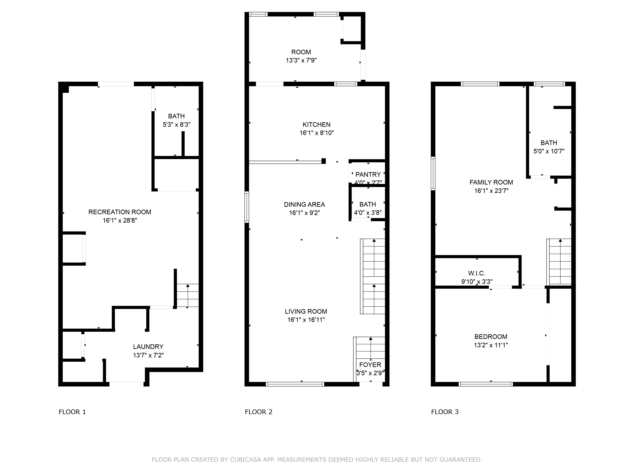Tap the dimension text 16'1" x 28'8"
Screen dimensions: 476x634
(x=120, y=220)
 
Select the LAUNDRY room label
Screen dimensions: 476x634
(x=148, y=347)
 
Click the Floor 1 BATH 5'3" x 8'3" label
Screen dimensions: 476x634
(x=176, y=116)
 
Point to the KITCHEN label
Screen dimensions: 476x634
(x=316, y=125)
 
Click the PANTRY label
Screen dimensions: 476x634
(x=368, y=174)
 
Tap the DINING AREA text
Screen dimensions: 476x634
(x=304, y=205)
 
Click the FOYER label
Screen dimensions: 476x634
(x=370, y=365)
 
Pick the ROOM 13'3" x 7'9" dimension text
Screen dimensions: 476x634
(x=301, y=60)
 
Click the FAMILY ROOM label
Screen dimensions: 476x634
(x=491, y=182)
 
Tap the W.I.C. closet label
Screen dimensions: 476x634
(x=477, y=273)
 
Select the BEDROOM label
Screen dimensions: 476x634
(x=491, y=337)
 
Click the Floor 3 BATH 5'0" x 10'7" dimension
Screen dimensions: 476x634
(x=549, y=151)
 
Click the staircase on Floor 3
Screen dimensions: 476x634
(x=560, y=262)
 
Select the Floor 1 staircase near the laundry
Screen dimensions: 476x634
(x=188, y=296)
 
